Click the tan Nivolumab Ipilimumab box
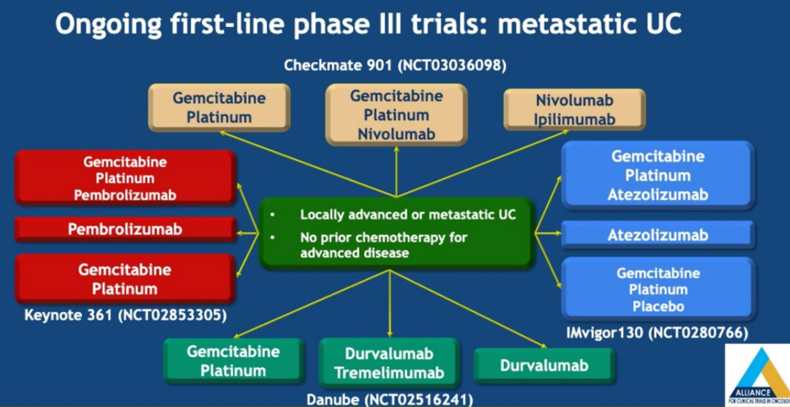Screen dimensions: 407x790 click(574, 109)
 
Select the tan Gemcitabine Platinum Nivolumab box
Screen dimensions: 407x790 click(396, 114)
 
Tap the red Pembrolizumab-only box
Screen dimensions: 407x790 click(125, 229)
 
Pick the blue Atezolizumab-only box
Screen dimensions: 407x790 click(657, 235)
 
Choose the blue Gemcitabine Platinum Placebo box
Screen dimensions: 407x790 click(657, 288)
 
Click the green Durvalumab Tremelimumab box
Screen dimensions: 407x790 click(388, 363)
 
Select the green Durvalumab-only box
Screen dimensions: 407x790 click(543, 365)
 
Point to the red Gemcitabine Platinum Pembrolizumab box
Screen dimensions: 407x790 click(125, 178)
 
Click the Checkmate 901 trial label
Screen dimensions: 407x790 click(395, 66)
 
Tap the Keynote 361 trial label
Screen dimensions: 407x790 click(125, 316)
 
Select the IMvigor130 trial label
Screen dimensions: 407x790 click(657, 333)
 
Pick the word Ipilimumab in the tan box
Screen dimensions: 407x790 click(574, 119)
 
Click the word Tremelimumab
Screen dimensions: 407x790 click(388, 373)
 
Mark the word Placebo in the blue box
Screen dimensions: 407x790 click(657, 305)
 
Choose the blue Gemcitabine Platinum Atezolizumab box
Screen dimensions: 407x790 click(657, 176)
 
